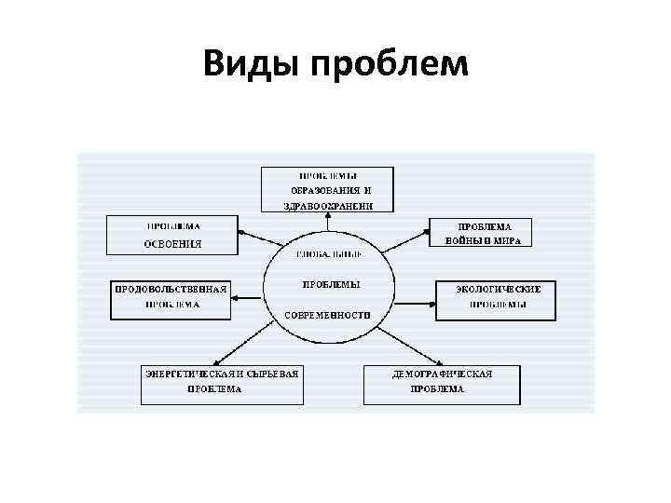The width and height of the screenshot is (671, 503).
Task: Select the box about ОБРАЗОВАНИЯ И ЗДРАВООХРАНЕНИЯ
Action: [326, 190]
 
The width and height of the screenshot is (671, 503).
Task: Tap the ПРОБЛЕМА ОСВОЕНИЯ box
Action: [172, 235]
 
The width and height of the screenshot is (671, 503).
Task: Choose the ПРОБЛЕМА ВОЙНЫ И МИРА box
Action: [481, 234]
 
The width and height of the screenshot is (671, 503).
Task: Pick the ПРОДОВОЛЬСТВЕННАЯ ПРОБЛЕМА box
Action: [171, 300]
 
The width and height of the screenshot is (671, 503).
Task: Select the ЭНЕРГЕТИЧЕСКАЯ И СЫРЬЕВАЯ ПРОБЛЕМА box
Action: [222, 384]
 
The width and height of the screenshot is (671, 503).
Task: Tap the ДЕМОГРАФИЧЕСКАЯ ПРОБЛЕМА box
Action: [441, 384]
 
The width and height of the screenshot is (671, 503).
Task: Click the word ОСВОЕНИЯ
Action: [172, 244]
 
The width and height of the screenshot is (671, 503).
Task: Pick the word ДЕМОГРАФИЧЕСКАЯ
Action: [442, 374]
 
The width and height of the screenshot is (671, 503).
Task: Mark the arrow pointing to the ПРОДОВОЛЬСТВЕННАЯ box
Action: [247, 297]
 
